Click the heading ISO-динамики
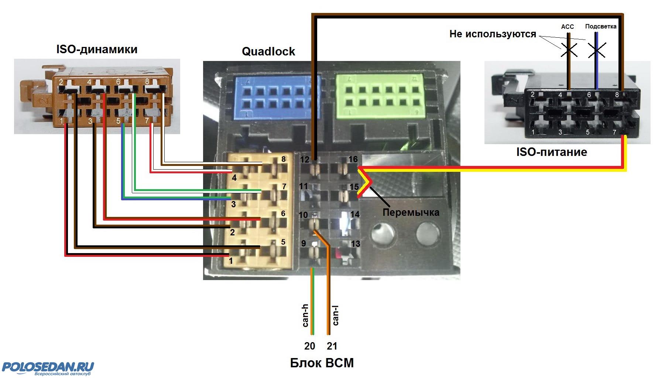(97, 50)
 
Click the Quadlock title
(268, 51)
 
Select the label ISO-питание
(551, 152)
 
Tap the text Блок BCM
(322, 363)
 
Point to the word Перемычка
(411, 212)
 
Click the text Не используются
(493, 34)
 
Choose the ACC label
(567, 27)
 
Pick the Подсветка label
(601, 27)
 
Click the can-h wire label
(305, 316)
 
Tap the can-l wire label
(335, 316)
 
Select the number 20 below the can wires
(309, 346)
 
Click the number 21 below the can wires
(332, 346)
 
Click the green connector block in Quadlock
(378, 97)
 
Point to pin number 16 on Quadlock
(353, 159)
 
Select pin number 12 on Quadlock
(305, 160)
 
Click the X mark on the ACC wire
(569, 50)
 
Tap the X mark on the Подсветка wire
(596, 50)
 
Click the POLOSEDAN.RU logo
(48, 368)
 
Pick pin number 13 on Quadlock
(355, 244)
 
